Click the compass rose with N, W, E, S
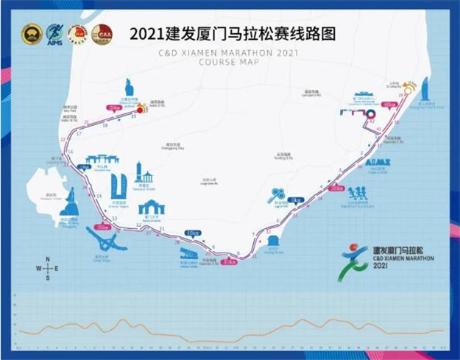47,269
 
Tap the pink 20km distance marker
114,107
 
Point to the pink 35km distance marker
337,188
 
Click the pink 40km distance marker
389,105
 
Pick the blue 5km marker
295,200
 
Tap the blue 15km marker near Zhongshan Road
84,167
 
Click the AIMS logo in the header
54,34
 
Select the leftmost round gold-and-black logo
32,34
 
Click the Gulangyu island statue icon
71,202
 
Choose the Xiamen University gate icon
151,208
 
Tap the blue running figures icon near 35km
357,194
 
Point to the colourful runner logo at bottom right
353,263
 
